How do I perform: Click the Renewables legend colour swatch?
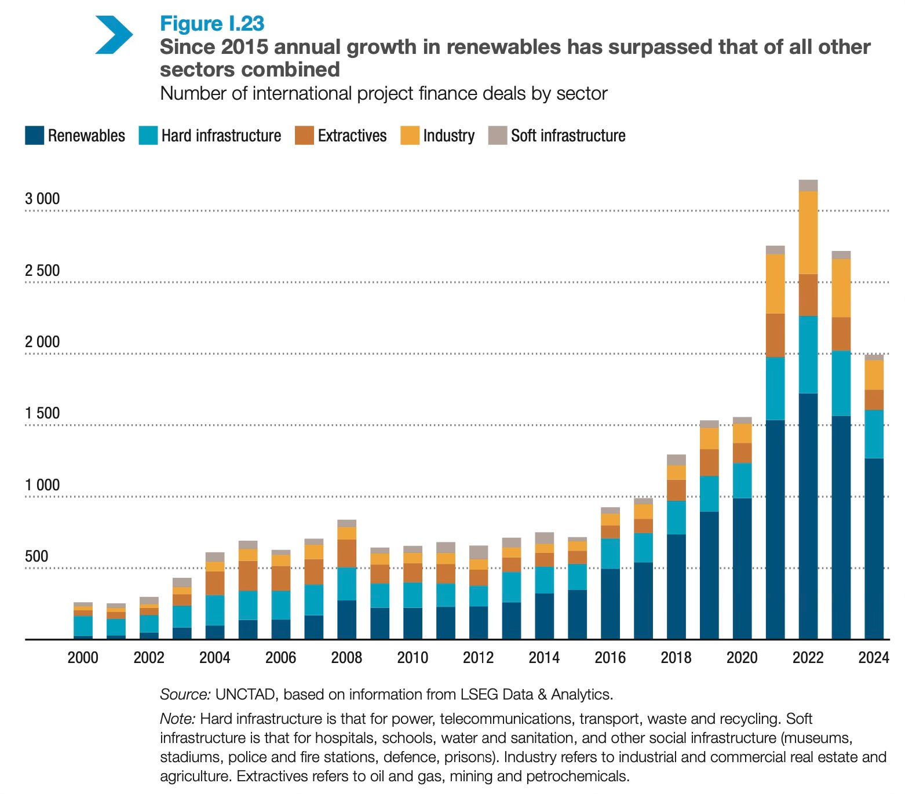[x=35, y=136]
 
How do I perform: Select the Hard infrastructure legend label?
[x=221, y=136]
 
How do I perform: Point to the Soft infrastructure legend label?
[x=568, y=136]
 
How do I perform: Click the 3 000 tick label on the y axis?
[x=42, y=199]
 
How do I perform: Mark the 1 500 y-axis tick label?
[x=42, y=413]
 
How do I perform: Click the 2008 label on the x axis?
[x=346, y=657]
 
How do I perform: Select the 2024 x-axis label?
[x=874, y=657]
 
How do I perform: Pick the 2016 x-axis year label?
[x=610, y=657]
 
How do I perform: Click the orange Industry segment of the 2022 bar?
[x=808, y=232]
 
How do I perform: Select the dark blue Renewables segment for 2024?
[x=874, y=548]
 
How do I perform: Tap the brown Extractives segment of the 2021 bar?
[x=775, y=335]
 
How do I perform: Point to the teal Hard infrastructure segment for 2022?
[x=808, y=354]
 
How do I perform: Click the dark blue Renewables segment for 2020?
[x=742, y=568]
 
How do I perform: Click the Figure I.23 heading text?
[x=212, y=24]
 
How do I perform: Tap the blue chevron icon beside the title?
[x=114, y=35]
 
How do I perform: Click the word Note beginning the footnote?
[x=177, y=719]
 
